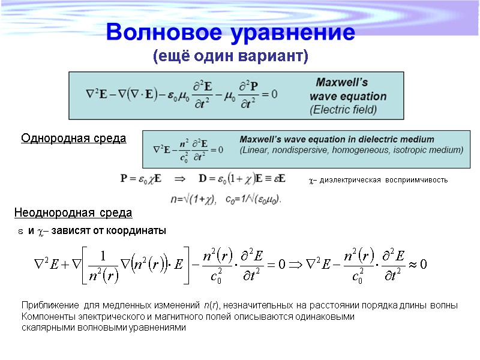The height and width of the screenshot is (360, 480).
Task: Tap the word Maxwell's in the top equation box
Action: click(x=343, y=82)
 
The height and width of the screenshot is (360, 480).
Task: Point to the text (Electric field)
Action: click(x=343, y=110)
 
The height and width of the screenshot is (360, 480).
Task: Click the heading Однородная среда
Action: click(x=74, y=139)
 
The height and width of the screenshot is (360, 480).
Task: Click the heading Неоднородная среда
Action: click(x=73, y=213)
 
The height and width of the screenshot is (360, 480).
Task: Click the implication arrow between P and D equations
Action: click(x=180, y=178)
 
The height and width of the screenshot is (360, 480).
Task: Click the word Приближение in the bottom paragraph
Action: click(x=49, y=305)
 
